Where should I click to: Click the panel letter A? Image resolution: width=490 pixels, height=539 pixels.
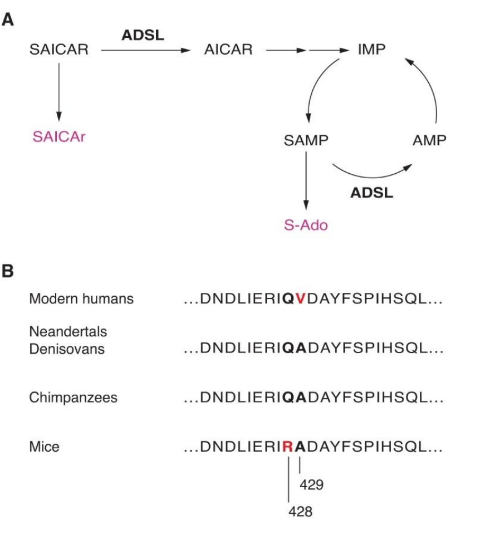pos(9,21)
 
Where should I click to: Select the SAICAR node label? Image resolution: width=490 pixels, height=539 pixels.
pos(58,50)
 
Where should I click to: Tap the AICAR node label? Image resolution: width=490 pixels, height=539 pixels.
pos(228,50)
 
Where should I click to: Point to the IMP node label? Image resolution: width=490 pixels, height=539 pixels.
pos(371,50)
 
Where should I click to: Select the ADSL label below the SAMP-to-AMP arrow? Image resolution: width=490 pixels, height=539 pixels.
pos(372,193)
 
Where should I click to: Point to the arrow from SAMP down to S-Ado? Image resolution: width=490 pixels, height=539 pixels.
pos(305,181)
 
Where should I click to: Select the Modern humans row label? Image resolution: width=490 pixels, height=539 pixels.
pos(81,299)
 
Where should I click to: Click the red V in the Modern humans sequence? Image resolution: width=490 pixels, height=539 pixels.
pos(300,300)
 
